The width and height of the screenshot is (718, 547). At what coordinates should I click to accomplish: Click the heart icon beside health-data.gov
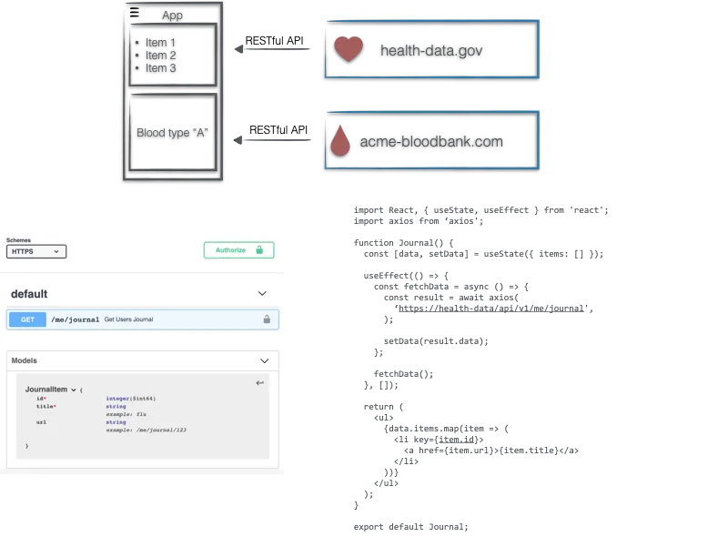(348, 49)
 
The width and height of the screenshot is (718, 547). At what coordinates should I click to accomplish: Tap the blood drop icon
(339, 141)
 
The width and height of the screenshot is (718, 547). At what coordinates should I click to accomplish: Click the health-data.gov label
(430, 50)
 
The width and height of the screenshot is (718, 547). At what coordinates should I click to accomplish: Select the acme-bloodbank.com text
(431, 142)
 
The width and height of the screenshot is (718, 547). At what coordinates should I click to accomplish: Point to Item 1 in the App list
(160, 43)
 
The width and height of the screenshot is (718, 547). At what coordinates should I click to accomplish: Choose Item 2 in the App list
(160, 56)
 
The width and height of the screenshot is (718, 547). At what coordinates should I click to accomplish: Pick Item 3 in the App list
(160, 68)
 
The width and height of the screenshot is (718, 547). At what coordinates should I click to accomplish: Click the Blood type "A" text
(173, 133)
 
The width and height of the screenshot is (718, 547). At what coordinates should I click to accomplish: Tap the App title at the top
(172, 15)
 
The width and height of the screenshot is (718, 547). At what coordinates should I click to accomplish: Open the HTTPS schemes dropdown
(35, 251)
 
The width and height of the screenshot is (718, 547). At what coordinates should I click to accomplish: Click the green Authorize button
(238, 250)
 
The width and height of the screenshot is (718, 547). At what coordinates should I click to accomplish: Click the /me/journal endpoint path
(74, 319)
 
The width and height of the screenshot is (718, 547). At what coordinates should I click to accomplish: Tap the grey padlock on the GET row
(267, 319)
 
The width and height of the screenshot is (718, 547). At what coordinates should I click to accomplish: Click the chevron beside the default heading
(262, 294)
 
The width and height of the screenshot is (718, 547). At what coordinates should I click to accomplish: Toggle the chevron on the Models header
(264, 361)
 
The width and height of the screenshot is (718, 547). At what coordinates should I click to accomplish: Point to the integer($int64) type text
(130, 399)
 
